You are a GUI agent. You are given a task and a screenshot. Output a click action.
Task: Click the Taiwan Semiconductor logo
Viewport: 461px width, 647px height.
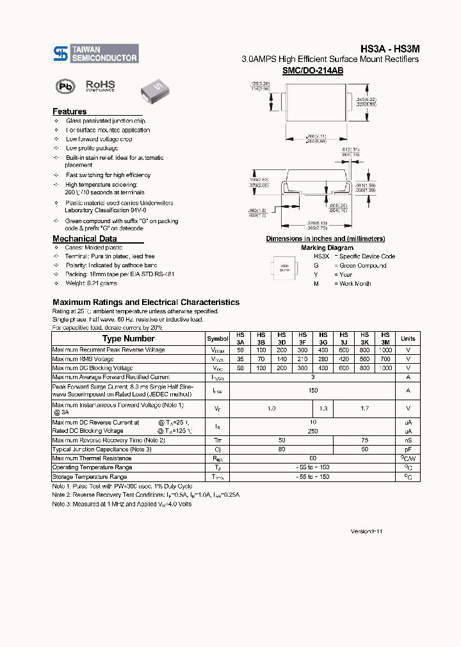[95, 53]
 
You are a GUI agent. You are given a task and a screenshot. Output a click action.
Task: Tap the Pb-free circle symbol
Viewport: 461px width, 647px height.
[65, 86]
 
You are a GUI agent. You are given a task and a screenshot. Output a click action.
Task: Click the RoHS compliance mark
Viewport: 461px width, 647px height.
[100, 86]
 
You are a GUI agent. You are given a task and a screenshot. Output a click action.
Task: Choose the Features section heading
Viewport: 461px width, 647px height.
[69, 111]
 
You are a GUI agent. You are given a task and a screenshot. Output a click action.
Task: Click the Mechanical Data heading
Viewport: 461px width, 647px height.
[84, 239]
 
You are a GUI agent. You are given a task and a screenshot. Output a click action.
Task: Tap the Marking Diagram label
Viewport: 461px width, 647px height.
[327, 247]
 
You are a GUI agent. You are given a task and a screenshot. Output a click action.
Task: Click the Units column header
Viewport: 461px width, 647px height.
[408, 339]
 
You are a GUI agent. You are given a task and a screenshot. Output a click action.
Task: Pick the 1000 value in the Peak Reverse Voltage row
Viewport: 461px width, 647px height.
[385, 350]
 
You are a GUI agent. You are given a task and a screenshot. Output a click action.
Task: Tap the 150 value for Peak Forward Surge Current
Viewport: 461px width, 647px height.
[313, 390]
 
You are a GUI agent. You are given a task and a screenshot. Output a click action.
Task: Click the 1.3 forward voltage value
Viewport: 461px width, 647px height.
[323, 407]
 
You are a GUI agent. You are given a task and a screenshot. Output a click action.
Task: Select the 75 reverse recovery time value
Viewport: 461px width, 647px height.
[364, 440]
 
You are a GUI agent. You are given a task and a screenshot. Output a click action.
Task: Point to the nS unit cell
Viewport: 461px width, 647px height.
[408, 440]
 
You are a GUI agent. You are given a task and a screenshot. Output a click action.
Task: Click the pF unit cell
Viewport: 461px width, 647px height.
[408, 449]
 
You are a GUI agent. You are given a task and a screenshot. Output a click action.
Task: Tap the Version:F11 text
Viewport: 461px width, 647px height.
[366, 531]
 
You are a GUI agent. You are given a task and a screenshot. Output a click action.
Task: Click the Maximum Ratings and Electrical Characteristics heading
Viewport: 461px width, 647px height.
[146, 302]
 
